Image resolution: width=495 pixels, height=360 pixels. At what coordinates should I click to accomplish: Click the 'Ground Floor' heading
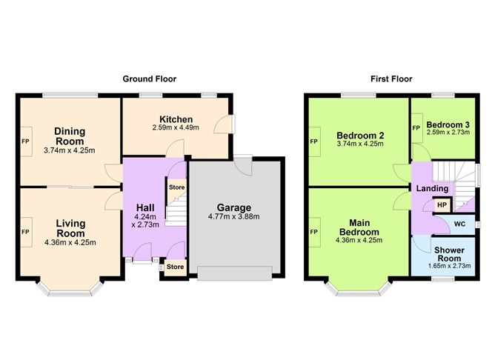tap(150, 79)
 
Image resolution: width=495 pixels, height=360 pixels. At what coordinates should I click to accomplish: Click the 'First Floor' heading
tap(393, 79)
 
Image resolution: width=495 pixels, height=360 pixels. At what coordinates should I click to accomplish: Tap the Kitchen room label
tap(176, 119)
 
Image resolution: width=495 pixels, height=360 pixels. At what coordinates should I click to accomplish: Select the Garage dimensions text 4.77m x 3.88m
tap(234, 217)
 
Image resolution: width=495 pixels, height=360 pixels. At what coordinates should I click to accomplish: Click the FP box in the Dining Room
tap(25, 141)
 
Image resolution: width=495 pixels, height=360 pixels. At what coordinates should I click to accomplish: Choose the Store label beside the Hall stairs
tap(175, 187)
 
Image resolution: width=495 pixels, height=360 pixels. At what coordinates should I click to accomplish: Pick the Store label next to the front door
tap(175, 267)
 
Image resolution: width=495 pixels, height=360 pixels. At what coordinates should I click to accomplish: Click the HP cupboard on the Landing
tap(442, 205)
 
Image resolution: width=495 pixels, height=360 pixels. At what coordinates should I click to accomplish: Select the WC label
tap(459, 223)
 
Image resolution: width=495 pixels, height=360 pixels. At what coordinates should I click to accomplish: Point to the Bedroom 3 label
tap(448, 124)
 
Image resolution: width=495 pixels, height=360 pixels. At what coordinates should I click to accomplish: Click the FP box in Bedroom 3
tap(416, 127)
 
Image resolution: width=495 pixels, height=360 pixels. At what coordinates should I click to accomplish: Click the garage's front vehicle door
tap(234, 274)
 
